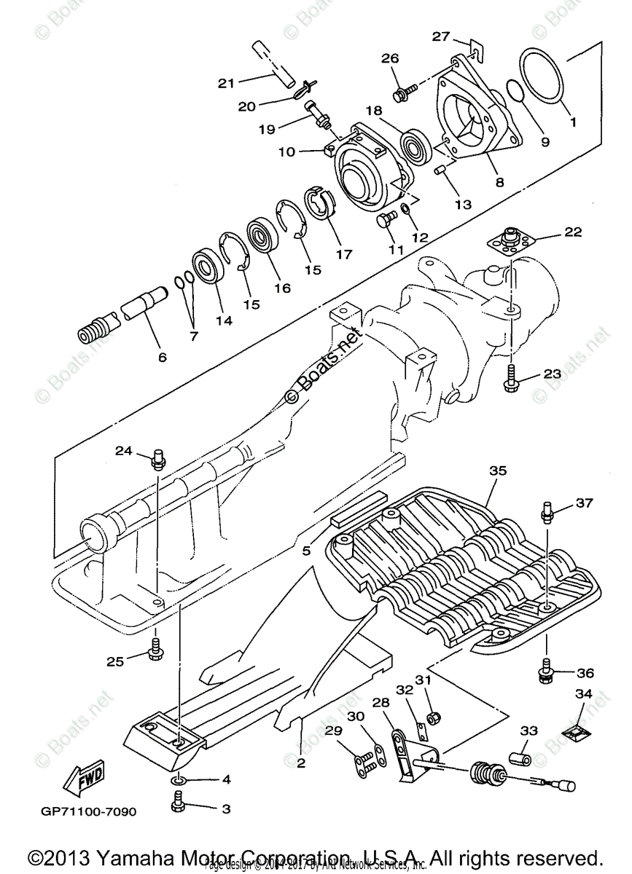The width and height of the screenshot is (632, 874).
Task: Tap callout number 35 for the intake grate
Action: tap(498, 471)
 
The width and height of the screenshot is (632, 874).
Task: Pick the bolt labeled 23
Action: tap(512, 376)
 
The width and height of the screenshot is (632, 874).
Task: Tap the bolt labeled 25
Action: tap(156, 647)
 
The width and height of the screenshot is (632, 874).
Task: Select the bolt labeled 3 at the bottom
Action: tap(176, 808)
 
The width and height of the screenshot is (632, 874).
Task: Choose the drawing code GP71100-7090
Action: tap(88, 811)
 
